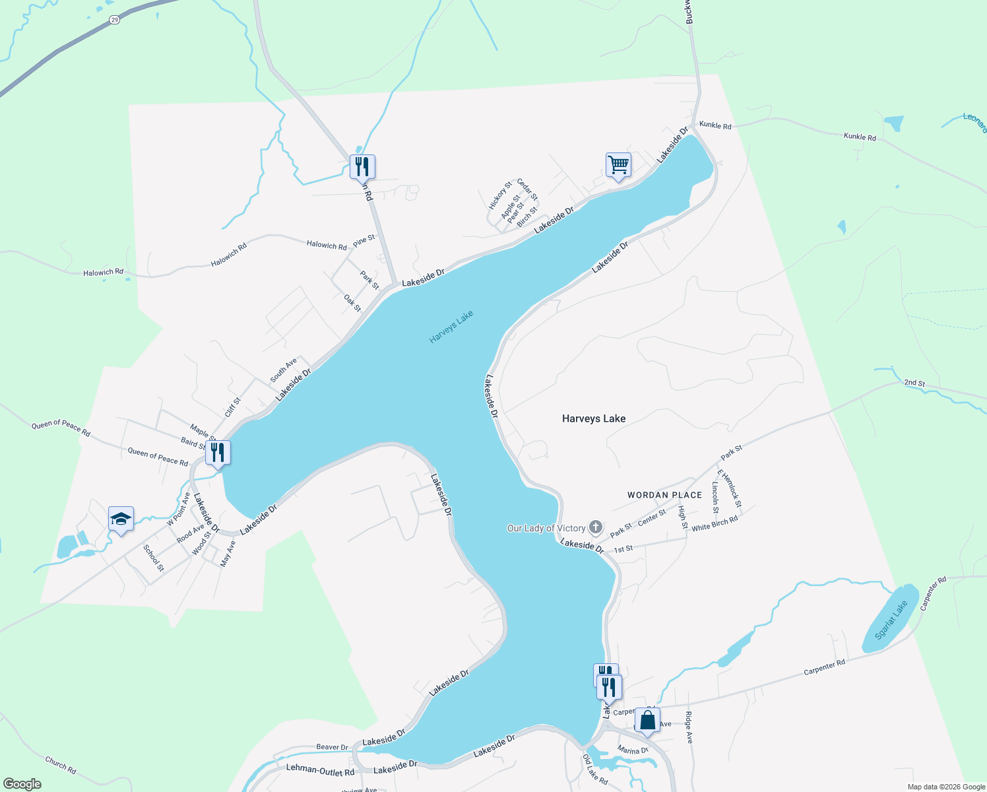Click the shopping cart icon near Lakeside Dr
click(x=618, y=164)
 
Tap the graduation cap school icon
click(x=121, y=519)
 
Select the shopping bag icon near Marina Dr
click(x=647, y=720)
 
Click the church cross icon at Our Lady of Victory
click(x=596, y=527)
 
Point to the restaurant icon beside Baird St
click(x=218, y=453)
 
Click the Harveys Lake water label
click(x=451, y=327)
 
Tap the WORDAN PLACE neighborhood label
click(x=664, y=495)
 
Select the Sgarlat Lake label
click(x=891, y=620)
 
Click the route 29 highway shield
click(x=115, y=20)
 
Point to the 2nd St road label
click(x=914, y=383)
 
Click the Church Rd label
click(x=61, y=765)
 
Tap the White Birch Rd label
click(x=715, y=524)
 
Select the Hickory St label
click(x=499, y=195)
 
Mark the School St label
click(x=153, y=558)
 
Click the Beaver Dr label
click(x=332, y=747)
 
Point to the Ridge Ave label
click(x=689, y=727)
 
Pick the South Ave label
click(x=284, y=370)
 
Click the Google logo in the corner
click(x=22, y=784)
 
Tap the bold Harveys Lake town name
click(x=594, y=418)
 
